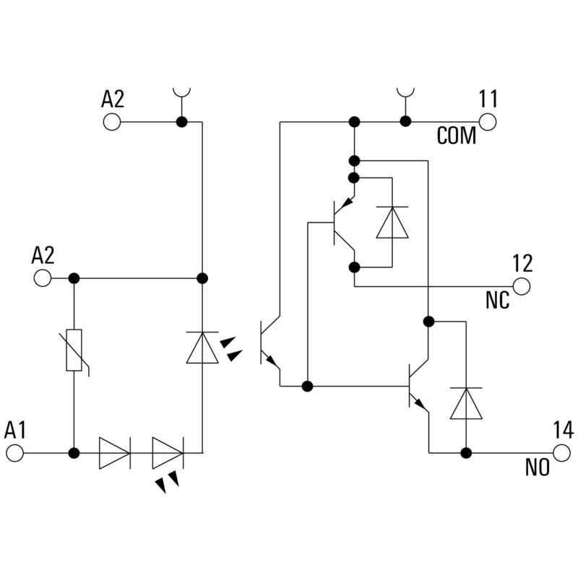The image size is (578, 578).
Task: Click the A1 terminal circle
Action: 15,454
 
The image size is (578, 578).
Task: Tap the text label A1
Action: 15,431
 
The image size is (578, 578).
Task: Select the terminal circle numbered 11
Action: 488,121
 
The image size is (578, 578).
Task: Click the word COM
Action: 457,136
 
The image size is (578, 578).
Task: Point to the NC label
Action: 498,301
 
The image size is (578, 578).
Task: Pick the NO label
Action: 537,467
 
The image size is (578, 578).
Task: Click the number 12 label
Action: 522,263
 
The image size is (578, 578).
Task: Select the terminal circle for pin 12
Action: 522,287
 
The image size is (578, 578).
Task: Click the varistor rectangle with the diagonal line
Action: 74,350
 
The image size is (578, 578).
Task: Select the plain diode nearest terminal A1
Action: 113,454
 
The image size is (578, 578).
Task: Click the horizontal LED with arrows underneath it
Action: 168,454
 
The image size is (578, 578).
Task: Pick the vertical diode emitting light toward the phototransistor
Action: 202,347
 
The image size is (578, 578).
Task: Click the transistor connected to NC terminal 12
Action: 341,223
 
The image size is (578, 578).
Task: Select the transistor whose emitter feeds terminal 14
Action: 417,387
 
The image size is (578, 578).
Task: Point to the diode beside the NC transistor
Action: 392,223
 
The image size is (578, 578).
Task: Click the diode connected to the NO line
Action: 466,403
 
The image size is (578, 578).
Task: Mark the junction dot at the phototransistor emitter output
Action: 308,386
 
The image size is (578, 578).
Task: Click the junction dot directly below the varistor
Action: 74,454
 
